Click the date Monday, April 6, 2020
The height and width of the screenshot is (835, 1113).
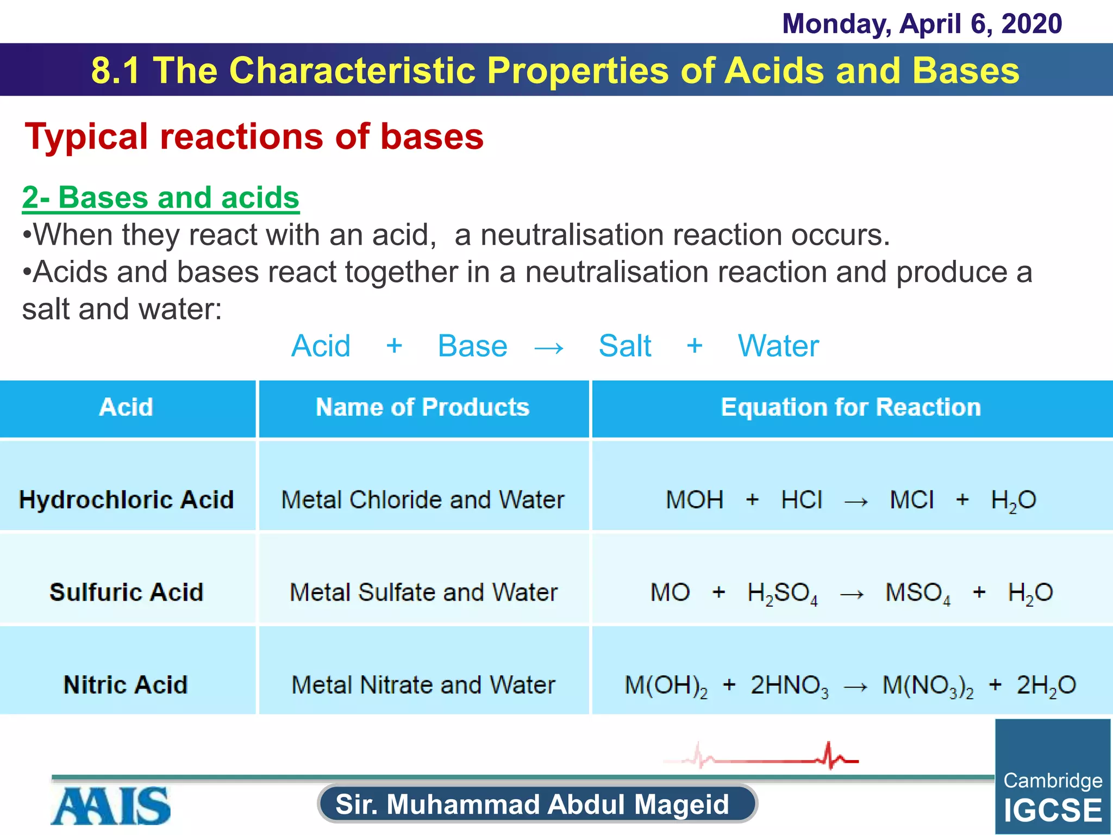click(x=922, y=24)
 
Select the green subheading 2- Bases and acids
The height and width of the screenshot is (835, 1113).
click(x=160, y=197)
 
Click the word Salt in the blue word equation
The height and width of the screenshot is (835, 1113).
click(x=624, y=346)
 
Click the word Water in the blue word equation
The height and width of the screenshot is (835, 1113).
click(x=778, y=346)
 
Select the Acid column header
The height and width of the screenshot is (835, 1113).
click(x=126, y=407)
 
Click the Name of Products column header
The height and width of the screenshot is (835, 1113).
click(x=423, y=407)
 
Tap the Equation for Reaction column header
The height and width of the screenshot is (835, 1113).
click(x=851, y=407)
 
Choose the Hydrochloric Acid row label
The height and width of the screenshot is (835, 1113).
click(x=126, y=500)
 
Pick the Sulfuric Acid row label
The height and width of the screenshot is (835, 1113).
click(x=126, y=592)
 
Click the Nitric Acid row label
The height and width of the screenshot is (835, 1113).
click(x=126, y=684)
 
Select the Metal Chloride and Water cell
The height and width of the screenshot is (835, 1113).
click(x=423, y=500)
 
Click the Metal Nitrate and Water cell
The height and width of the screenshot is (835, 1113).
click(x=423, y=684)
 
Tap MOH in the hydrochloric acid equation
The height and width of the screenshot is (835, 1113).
click(x=695, y=500)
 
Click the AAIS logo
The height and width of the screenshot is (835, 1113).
click(x=111, y=806)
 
